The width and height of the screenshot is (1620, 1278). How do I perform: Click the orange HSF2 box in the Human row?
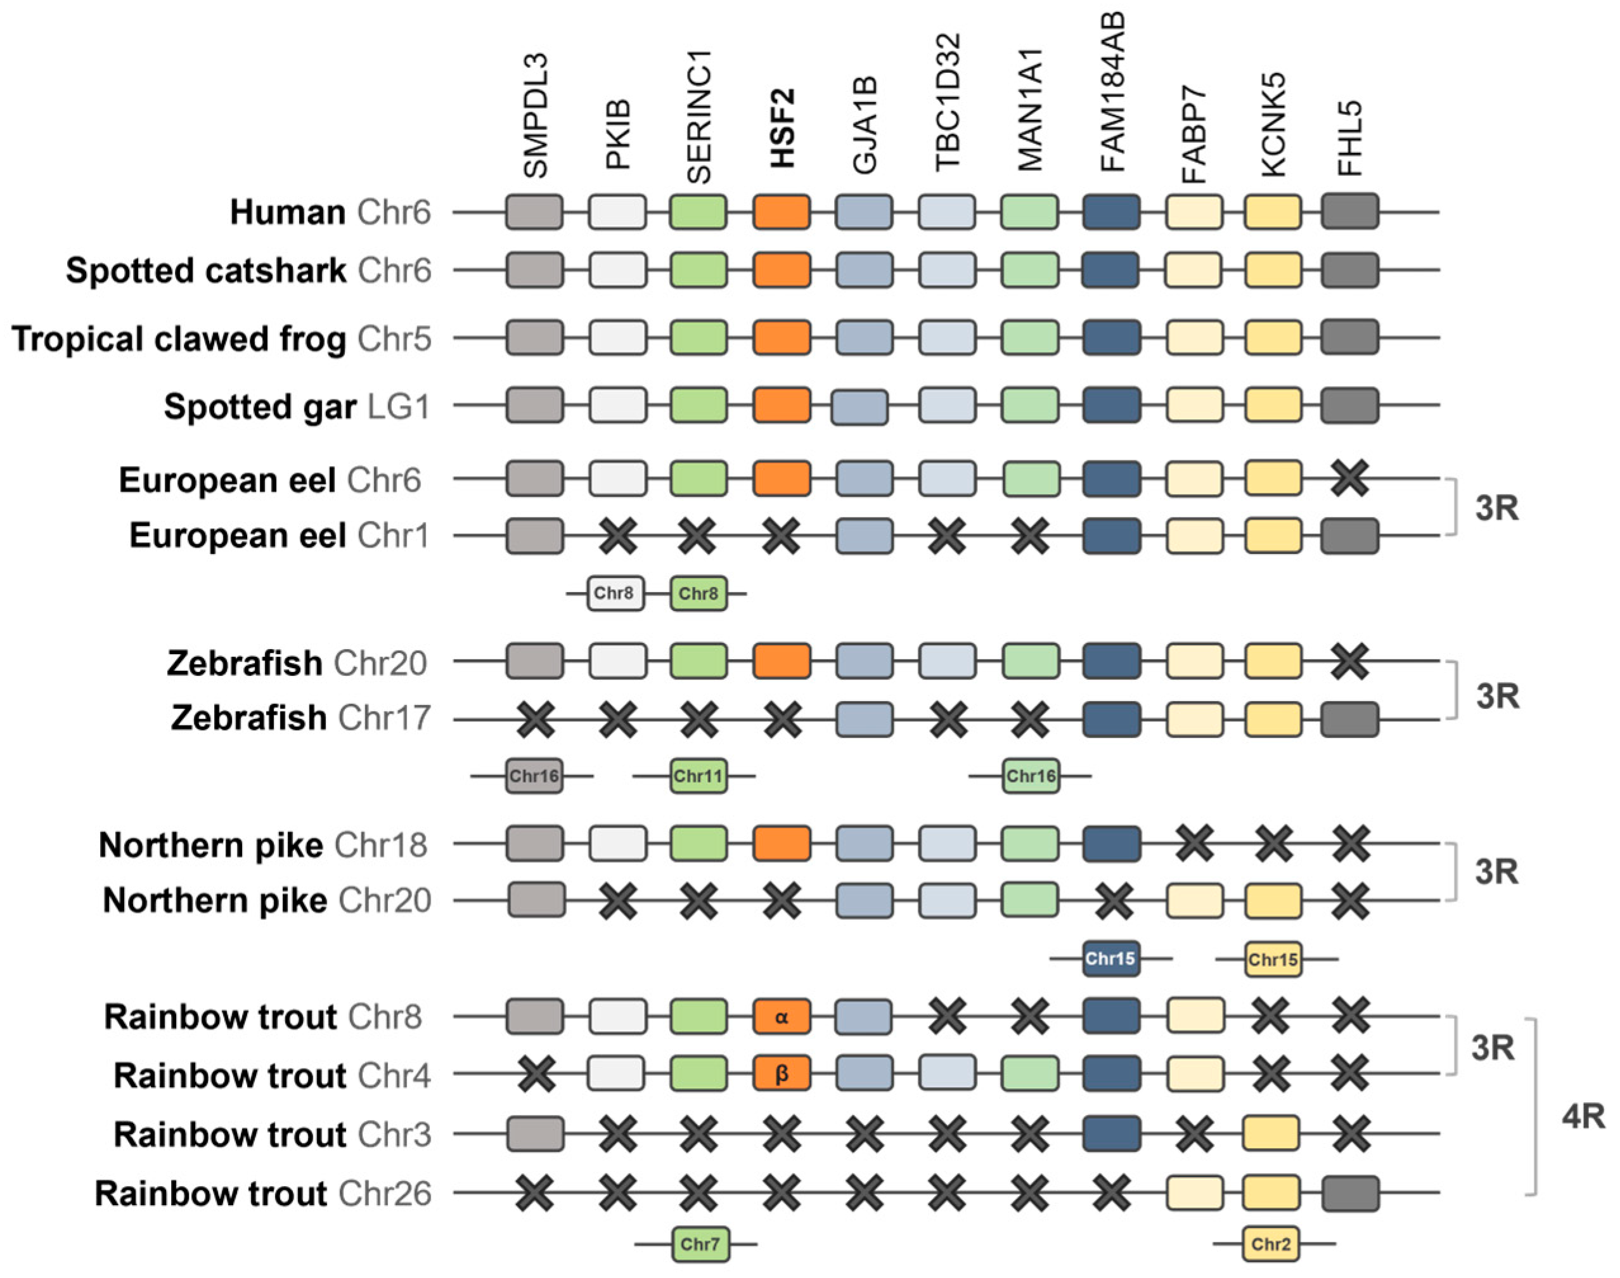click(x=781, y=212)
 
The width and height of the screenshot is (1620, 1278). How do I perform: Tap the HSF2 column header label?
click(x=782, y=127)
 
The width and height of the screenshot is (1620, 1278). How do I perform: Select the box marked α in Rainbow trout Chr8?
click(x=781, y=1017)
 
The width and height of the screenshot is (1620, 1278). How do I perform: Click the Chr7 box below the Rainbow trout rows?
click(x=699, y=1244)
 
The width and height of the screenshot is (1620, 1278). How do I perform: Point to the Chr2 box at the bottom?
click(x=1271, y=1244)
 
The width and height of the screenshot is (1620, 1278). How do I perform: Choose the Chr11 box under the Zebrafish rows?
click(x=698, y=776)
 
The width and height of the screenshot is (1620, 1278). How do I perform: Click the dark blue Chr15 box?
click(x=1110, y=958)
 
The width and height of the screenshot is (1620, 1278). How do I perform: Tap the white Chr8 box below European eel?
click(x=615, y=593)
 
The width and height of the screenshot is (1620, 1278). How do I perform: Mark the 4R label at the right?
click(x=1583, y=1117)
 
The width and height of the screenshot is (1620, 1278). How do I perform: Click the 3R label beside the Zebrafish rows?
click(x=1497, y=696)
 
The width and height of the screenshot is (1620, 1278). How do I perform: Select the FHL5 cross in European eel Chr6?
click(x=1350, y=478)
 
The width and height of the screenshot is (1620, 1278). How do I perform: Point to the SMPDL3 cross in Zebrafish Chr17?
click(x=536, y=719)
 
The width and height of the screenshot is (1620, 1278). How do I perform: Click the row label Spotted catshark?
click(x=206, y=270)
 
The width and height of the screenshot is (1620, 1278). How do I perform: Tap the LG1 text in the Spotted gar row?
click(x=399, y=407)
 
